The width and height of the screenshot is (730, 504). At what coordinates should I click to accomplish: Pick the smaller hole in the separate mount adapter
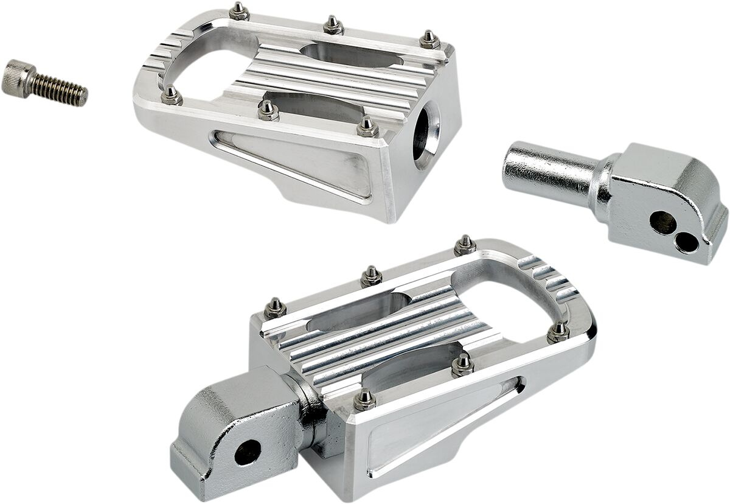(688, 243)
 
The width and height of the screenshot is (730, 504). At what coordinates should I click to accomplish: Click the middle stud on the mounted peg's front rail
(463, 363)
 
